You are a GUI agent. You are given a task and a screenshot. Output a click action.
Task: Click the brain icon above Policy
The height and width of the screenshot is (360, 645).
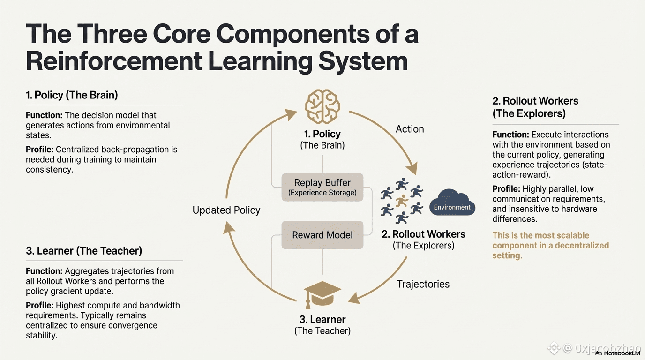pyautogui.click(x=322, y=108)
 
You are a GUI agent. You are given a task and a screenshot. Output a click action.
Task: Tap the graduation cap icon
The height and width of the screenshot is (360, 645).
pyautogui.click(x=322, y=293)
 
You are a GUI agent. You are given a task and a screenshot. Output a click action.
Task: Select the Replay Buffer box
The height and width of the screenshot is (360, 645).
pyautogui.click(x=322, y=187)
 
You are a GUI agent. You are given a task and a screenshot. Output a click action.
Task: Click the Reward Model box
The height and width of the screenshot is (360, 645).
pyautogui.click(x=322, y=235)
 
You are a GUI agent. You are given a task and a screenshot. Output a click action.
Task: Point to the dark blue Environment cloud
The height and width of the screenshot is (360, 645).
pyautogui.click(x=452, y=203)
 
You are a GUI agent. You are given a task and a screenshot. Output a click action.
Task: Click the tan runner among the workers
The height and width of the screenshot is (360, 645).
pyautogui.click(x=402, y=201)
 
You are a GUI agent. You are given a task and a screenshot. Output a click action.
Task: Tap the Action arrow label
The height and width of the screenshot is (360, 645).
pyautogui.click(x=410, y=129)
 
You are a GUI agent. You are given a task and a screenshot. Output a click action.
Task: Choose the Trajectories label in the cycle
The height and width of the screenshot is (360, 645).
pyautogui.click(x=423, y=284)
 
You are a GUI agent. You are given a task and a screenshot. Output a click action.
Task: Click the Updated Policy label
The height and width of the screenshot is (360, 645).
pyautogui.click(x=226, y=210)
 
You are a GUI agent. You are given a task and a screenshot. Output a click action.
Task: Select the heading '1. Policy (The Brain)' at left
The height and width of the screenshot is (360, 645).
pyautogui.click(x=72, y=95)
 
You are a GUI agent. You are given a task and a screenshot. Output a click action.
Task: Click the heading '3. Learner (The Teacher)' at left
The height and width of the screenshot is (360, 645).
pyautogui.click(x=84, y=251)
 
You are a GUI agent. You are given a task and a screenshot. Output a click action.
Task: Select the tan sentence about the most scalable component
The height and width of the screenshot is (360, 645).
pyautogui.click(x=550, y=245)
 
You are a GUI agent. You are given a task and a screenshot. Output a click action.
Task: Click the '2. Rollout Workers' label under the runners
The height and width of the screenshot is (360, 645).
pyautogui.click(x=423, y=234)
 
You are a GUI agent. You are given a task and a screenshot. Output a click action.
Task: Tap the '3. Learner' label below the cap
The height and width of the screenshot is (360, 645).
pyautogui.click(x=322, y=319)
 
